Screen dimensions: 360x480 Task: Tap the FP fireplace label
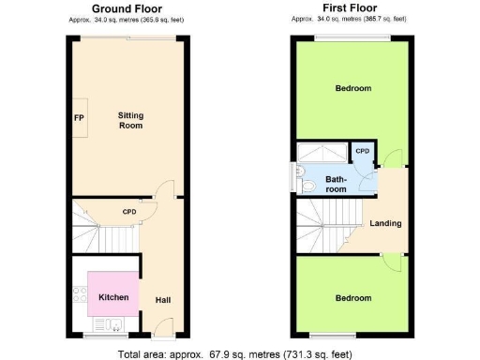coord(80,118)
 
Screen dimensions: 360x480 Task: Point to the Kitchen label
coord(113,297)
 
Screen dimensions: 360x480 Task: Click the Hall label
coord(162,300)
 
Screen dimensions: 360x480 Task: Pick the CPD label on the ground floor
coord(129,212)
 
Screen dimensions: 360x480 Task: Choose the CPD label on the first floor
coord(362,150)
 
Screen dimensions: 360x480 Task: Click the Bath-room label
coord(336,184)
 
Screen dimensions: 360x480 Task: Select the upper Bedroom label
coord(353,88)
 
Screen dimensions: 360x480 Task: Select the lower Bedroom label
coord(353,298)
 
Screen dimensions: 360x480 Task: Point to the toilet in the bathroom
coord(308,187)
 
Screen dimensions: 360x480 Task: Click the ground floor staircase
coord(106,231)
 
